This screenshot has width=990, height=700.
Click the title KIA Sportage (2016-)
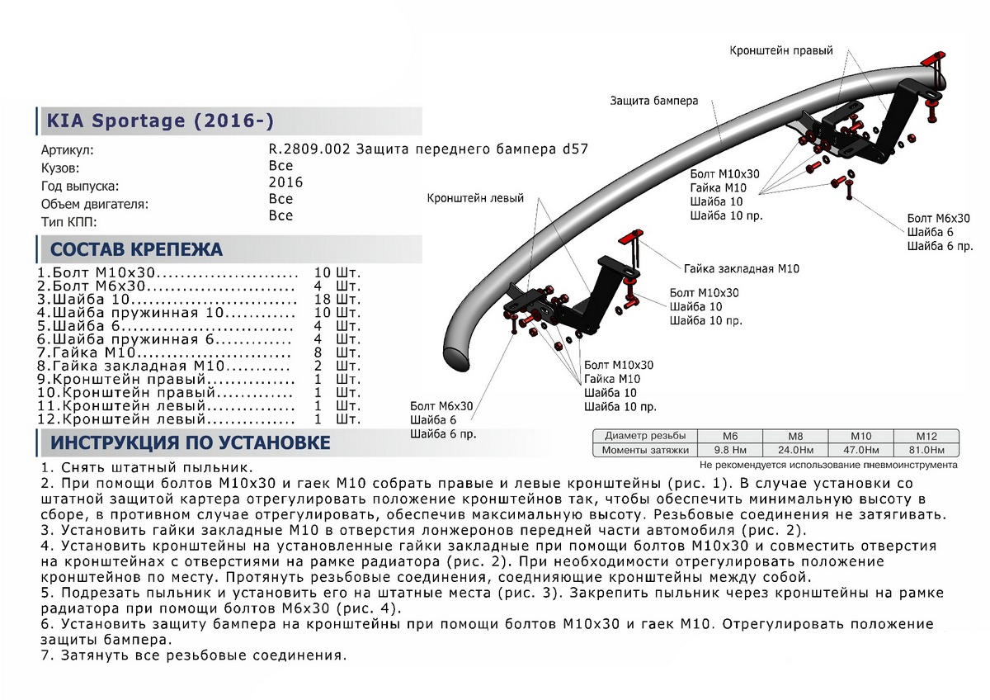coord(157,121)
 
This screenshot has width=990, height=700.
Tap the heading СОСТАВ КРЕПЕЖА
coord(136,249)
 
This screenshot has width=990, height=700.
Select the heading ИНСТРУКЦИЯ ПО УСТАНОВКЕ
coord(191,442)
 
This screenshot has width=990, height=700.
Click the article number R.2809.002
coord(304,149)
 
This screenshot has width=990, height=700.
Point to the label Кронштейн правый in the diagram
coord(780,50)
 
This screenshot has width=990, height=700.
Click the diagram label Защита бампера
coord(654,101)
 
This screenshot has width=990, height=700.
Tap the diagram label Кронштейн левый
coord(475,199)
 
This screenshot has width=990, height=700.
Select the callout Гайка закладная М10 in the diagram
coord(741,269)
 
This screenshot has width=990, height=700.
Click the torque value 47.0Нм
coord(862,450)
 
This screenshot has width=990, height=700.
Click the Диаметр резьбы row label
coord(644,436)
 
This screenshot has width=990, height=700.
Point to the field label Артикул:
coord(68,151)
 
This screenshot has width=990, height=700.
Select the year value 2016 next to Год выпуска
coord(286,182)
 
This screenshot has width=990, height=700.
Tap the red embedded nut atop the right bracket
coord(932,62)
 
